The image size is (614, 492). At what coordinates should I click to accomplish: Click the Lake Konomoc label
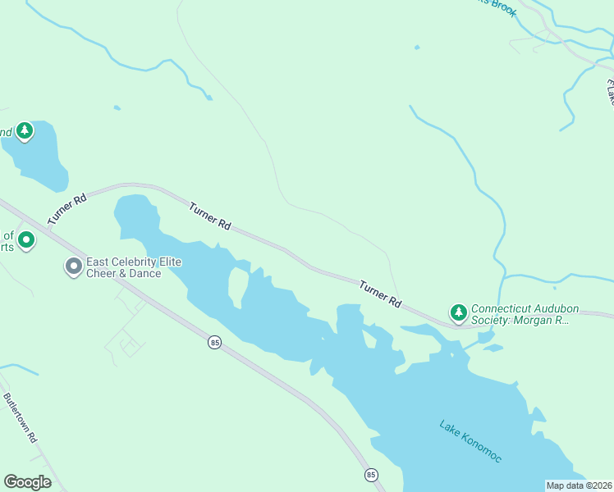[x=470, y=442]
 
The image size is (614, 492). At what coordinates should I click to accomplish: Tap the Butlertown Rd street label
[x=20, y=418]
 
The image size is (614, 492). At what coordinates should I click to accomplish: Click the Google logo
[x=27, y=482]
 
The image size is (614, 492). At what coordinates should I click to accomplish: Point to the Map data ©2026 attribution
[x=579, y=485]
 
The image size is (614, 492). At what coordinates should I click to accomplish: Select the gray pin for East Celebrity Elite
[x=73, y=266]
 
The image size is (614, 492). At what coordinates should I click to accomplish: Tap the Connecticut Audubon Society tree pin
[x=458, y=312]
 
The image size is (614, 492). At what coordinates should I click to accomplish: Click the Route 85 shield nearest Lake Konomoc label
[x=371, y=475]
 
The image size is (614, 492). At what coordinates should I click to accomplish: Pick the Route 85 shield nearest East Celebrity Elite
[x=214, y=343]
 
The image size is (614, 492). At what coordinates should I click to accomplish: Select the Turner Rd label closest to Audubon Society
[x=379, y=293]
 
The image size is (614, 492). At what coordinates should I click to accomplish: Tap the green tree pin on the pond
[x=25, y=130]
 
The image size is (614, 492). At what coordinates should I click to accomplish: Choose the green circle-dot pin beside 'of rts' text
[x=26, y=240]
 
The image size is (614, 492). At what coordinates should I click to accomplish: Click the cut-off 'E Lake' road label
[x=609, y=92]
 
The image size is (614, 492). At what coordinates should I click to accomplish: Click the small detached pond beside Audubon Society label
[x=493, y=348]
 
